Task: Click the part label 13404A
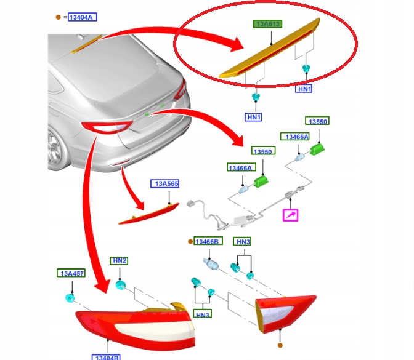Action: click(81, 18)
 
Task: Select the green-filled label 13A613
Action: click(269, 24)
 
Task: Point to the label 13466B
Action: click(206, 242)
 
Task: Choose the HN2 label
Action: click(119, 261)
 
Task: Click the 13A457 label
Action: click(72, 273)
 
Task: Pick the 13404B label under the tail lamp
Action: click(107, 356)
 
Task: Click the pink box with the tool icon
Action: click(290, 215)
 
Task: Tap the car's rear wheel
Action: click(56, 147)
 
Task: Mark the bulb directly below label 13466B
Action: click(209, 263)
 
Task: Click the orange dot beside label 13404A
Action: click(59, 18)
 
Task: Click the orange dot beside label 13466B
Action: click(190, 242)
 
